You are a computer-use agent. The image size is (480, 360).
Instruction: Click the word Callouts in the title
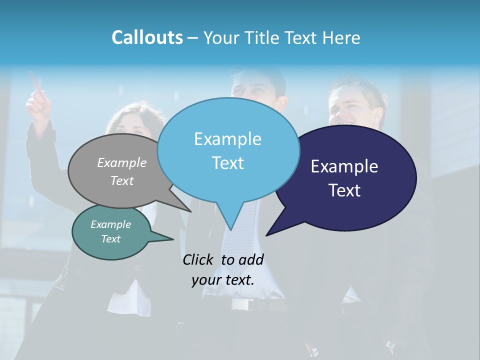pos(147,37)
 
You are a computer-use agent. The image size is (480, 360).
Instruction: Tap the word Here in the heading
pos(341,37)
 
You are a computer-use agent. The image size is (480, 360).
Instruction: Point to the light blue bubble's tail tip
pos(230,229)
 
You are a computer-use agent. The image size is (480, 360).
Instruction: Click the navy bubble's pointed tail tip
pos(266,235)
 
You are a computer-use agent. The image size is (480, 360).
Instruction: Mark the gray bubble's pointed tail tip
pos(190,211)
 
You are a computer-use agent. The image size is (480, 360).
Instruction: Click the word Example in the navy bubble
pos(344,166)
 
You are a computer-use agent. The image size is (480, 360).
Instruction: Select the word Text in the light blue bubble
pos(228,163)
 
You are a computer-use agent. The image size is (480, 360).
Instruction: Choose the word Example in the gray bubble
pos(122,162)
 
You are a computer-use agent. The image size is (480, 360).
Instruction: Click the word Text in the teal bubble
pos(111,239)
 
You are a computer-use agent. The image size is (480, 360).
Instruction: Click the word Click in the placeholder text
pos(199,259)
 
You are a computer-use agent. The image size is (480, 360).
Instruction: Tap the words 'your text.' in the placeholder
pos(223,280)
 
